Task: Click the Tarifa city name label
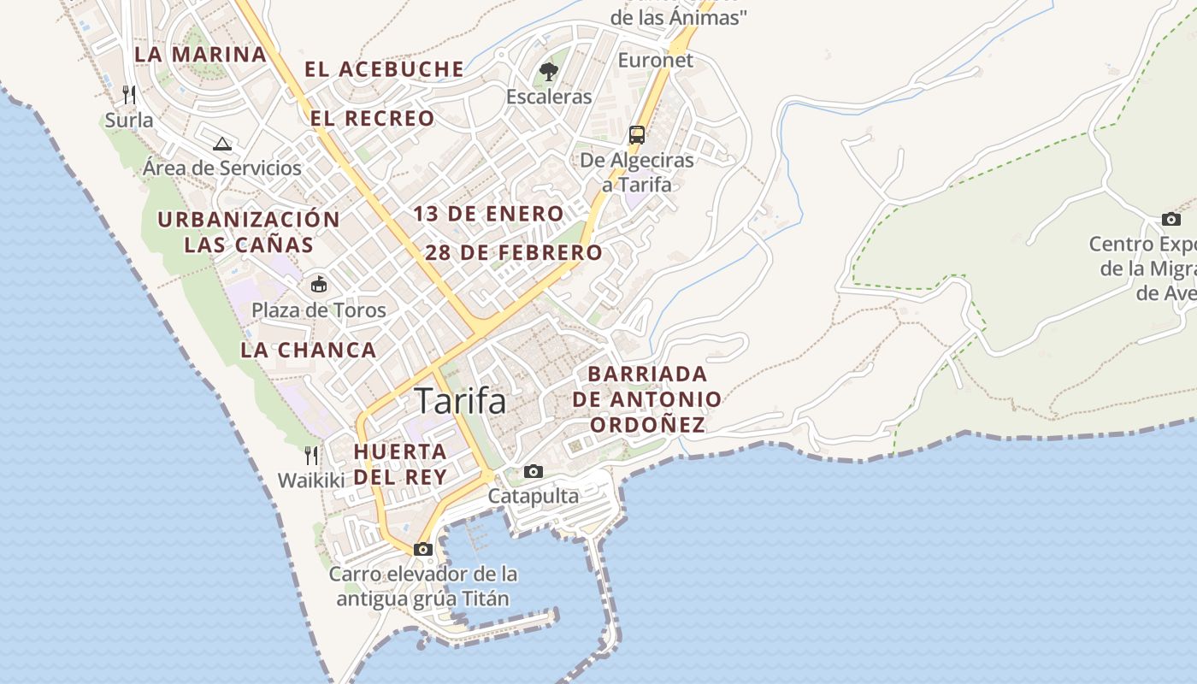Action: (460, 401)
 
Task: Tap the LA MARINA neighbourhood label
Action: (201, 54)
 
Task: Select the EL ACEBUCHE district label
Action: (385, 69)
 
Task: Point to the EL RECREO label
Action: (373, 118)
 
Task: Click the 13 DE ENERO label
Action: (489, 214)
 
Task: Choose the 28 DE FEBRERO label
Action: (514, 253)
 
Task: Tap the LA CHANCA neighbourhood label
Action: (309, 350)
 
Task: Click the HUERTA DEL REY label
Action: (400, 464)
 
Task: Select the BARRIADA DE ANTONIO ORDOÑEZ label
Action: (647, 399)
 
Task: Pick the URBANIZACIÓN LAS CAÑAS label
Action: (249, 232)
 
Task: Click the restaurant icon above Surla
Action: (129, 93)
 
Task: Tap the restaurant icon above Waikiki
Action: (312, 455)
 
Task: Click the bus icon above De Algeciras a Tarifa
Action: (637, 134)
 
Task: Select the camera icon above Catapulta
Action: (534, 471)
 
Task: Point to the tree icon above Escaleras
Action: (549, 72)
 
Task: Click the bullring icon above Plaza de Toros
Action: (319, 284)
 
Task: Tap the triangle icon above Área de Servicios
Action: (222, 144)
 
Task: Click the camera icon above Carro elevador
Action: (423, 549)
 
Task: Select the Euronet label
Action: (656, 60)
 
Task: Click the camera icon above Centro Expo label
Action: (1171, 219)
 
